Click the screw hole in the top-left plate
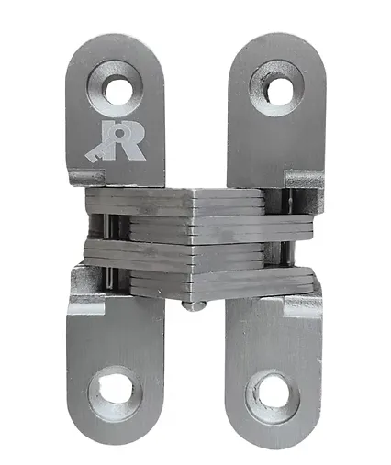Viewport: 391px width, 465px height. pyautogui.click(x=118, y=90)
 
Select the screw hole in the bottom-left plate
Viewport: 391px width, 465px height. pyautogui.click(x=116, y=386)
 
